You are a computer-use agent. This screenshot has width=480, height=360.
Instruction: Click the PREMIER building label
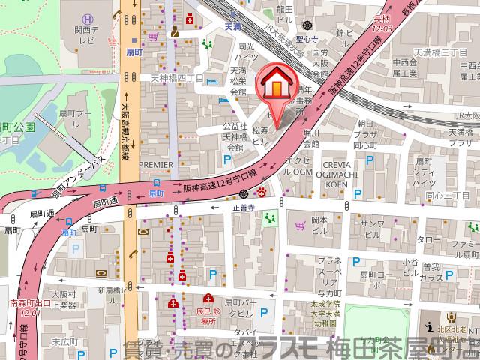click(x=156, y=163)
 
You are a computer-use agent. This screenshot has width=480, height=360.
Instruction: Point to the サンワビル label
click(x=373, y=229)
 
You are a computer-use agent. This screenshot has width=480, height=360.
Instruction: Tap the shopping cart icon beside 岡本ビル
click(x=301, y=223)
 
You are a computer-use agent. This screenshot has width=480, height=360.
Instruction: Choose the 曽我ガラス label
click(x=430, y=271)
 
